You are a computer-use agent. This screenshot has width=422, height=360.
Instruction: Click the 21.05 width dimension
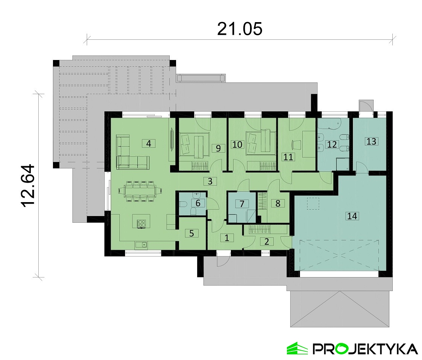click(x=240, y=29)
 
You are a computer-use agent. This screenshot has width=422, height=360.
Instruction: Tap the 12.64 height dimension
click(x=28, y=186)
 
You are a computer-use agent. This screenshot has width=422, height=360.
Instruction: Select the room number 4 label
click(x=149, y=144)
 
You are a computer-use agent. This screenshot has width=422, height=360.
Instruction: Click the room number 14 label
click(x=352, y=216)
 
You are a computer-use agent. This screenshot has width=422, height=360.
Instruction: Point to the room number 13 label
click(x=371, y=141)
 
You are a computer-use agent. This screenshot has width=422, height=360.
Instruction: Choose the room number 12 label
click(x=332, y=144)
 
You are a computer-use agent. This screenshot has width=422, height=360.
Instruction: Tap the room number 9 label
click(x=218, y=148)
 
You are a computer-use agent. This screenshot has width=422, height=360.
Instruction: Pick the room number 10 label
click(x=237, y=144)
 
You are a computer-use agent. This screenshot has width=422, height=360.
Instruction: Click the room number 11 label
click(x=288, y=157)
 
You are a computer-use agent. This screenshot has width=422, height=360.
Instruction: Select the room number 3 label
click(x=210, y=181)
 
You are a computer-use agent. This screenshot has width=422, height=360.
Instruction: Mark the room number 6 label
click(x=198, y=203)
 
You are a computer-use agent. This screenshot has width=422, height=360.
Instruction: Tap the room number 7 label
click(x=242, y=204)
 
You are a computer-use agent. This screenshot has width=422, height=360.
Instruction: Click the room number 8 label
click(x=278, y=203)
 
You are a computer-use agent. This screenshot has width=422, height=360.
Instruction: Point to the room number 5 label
click(x=191, y=233)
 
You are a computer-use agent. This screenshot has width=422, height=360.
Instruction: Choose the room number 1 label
click(x=227, y=238)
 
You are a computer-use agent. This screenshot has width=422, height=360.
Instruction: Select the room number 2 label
click(x=267, y=241)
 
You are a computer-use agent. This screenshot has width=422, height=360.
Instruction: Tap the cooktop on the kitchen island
click(x=142, y=223)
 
